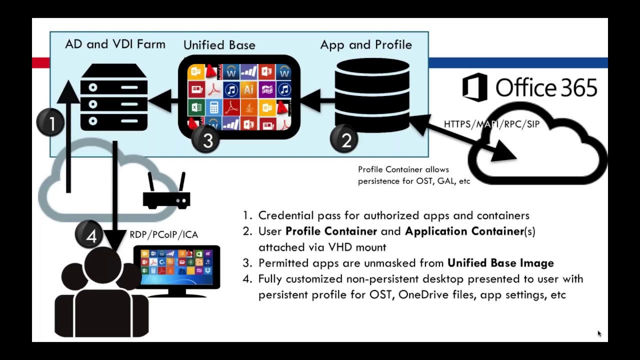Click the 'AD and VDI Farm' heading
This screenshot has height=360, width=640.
click(x=115, y=44)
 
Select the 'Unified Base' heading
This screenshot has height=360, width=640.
click(x=219, y=45)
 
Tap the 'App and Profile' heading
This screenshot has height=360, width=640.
click(x=366, y=45)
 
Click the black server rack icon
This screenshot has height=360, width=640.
click(x=114, y=97)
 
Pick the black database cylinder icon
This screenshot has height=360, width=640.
click(x=372, y=95)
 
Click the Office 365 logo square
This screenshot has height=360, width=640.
click(x=474, y=87)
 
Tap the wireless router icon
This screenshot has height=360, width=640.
click(x=166, y=192)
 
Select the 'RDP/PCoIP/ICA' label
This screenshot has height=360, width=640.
click(x=164, y=234)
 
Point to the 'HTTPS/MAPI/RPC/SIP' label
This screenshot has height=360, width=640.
click(x=491, y=124)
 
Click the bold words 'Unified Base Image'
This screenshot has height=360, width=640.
click(x=500, y=263)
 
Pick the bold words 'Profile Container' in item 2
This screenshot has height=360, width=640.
click(x=331, y=231)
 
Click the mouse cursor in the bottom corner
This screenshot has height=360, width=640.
click(x=599, y=333)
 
